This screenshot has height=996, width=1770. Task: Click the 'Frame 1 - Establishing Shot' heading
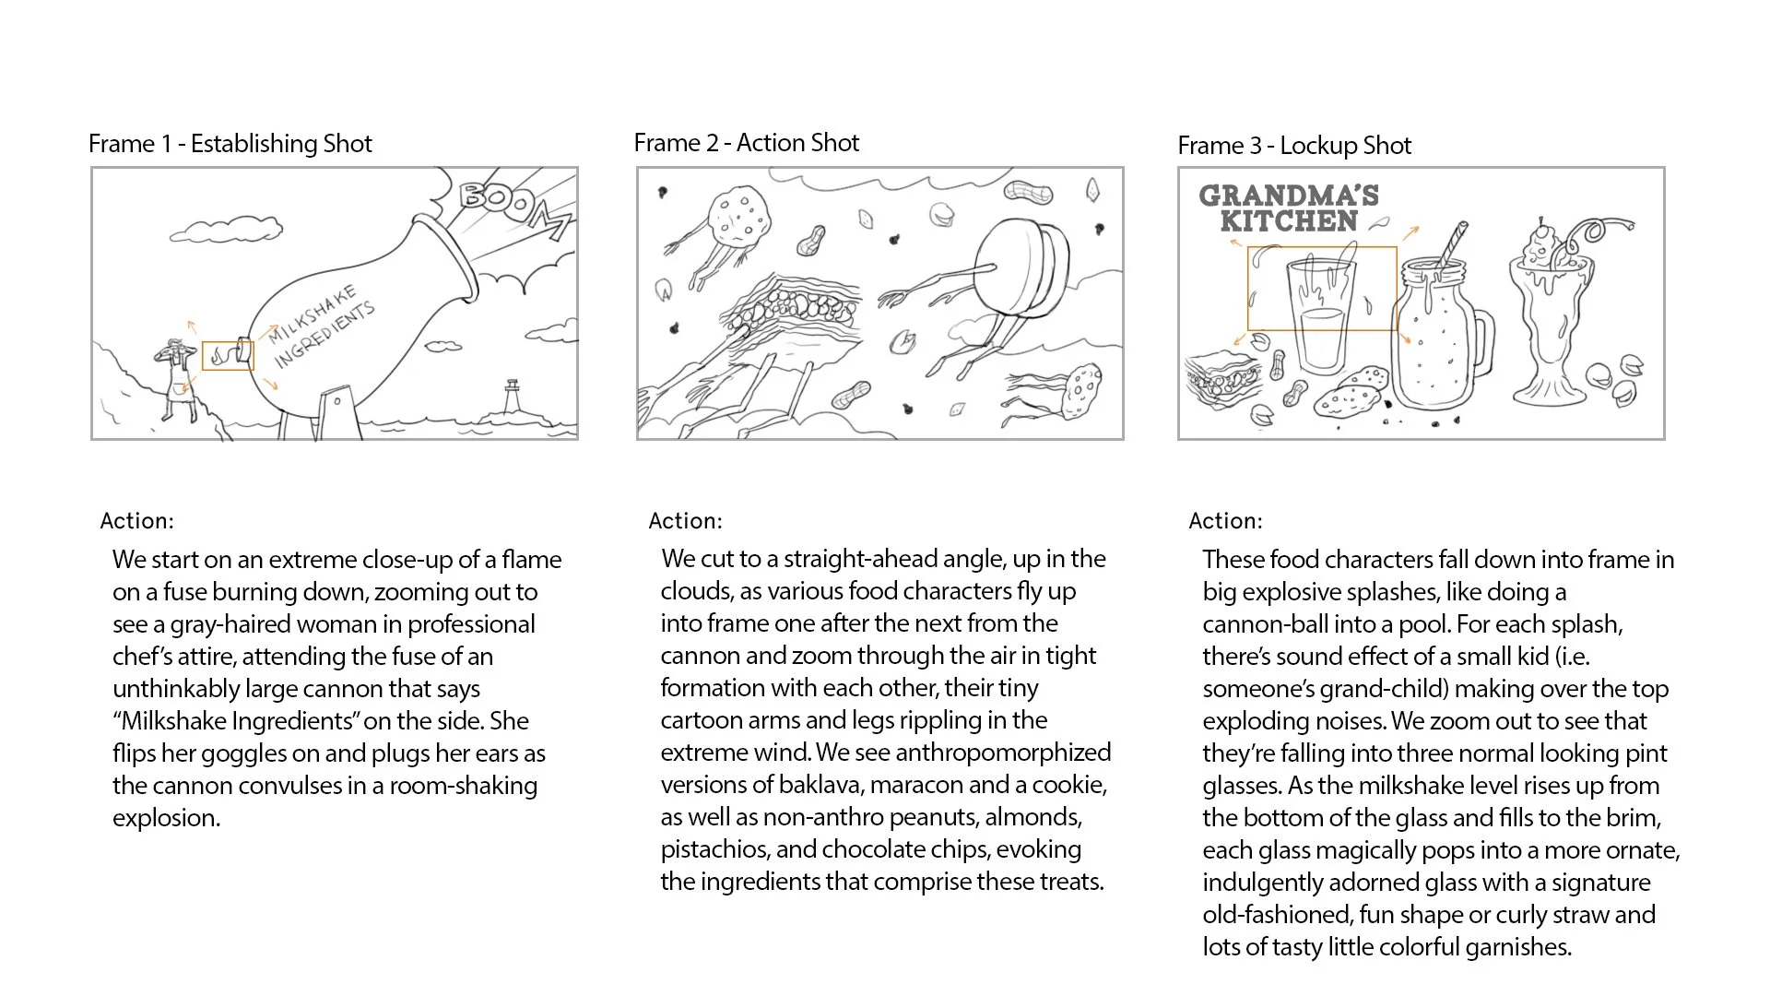tap(230, 144)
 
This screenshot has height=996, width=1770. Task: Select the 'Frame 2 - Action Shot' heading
tap(747, 143)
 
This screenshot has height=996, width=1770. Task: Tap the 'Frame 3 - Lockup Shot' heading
tap(1294, 146)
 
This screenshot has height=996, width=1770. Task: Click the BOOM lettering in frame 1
tap(513, 208)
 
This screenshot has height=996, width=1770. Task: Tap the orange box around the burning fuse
tap(228, 355)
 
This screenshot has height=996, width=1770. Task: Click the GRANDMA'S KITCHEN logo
tap(1289, 208)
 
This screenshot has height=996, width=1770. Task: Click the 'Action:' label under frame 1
tap(136, 521)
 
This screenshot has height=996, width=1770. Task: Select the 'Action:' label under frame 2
tap(685, 521)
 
